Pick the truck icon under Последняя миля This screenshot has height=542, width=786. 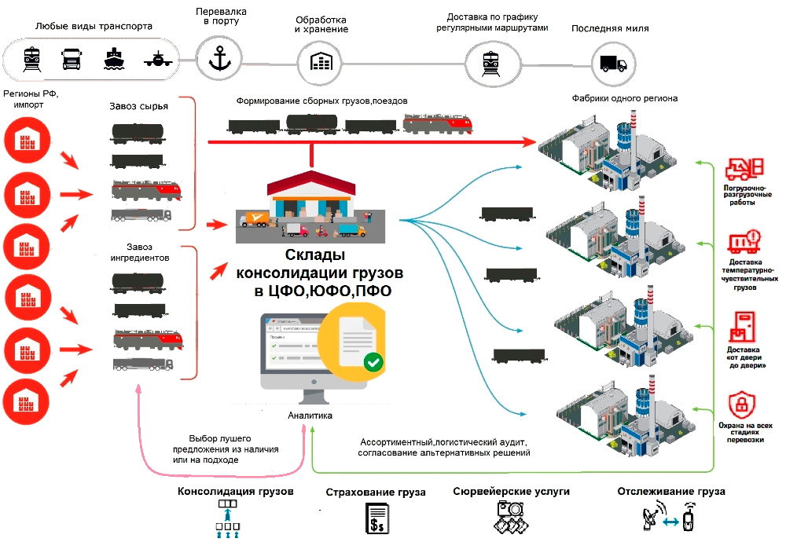pos(613,63)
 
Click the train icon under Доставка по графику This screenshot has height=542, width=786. pos(486,61)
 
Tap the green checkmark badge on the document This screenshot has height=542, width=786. pos(373,362)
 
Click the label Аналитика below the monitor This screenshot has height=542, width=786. pos(310,416)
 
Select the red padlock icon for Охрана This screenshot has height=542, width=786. pos(739,405)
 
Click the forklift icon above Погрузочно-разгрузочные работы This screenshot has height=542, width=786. pos(743,167)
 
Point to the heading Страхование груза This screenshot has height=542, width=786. pos(376,493)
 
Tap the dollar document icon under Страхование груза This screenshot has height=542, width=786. pos(377,519)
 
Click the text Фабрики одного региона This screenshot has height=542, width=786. pos(625,98)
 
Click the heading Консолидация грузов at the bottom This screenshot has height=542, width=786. pos(236,492)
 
